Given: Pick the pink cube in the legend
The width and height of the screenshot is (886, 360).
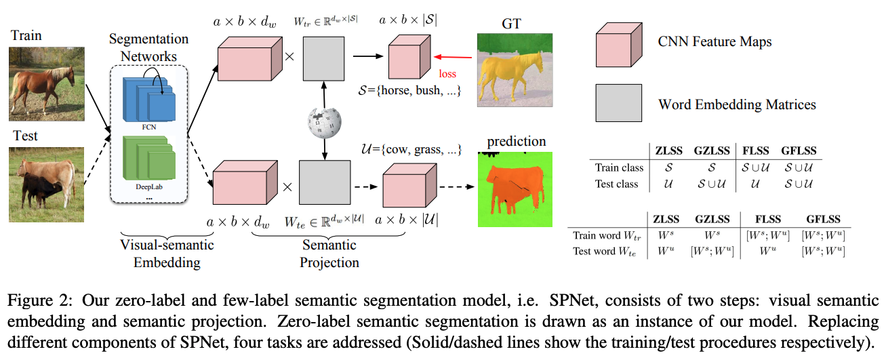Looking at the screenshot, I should (x=618, y=42).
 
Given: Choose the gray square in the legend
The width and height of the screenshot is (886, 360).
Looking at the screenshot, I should (x=618, y=103).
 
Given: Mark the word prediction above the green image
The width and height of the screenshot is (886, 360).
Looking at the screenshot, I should (x=517, y=142).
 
